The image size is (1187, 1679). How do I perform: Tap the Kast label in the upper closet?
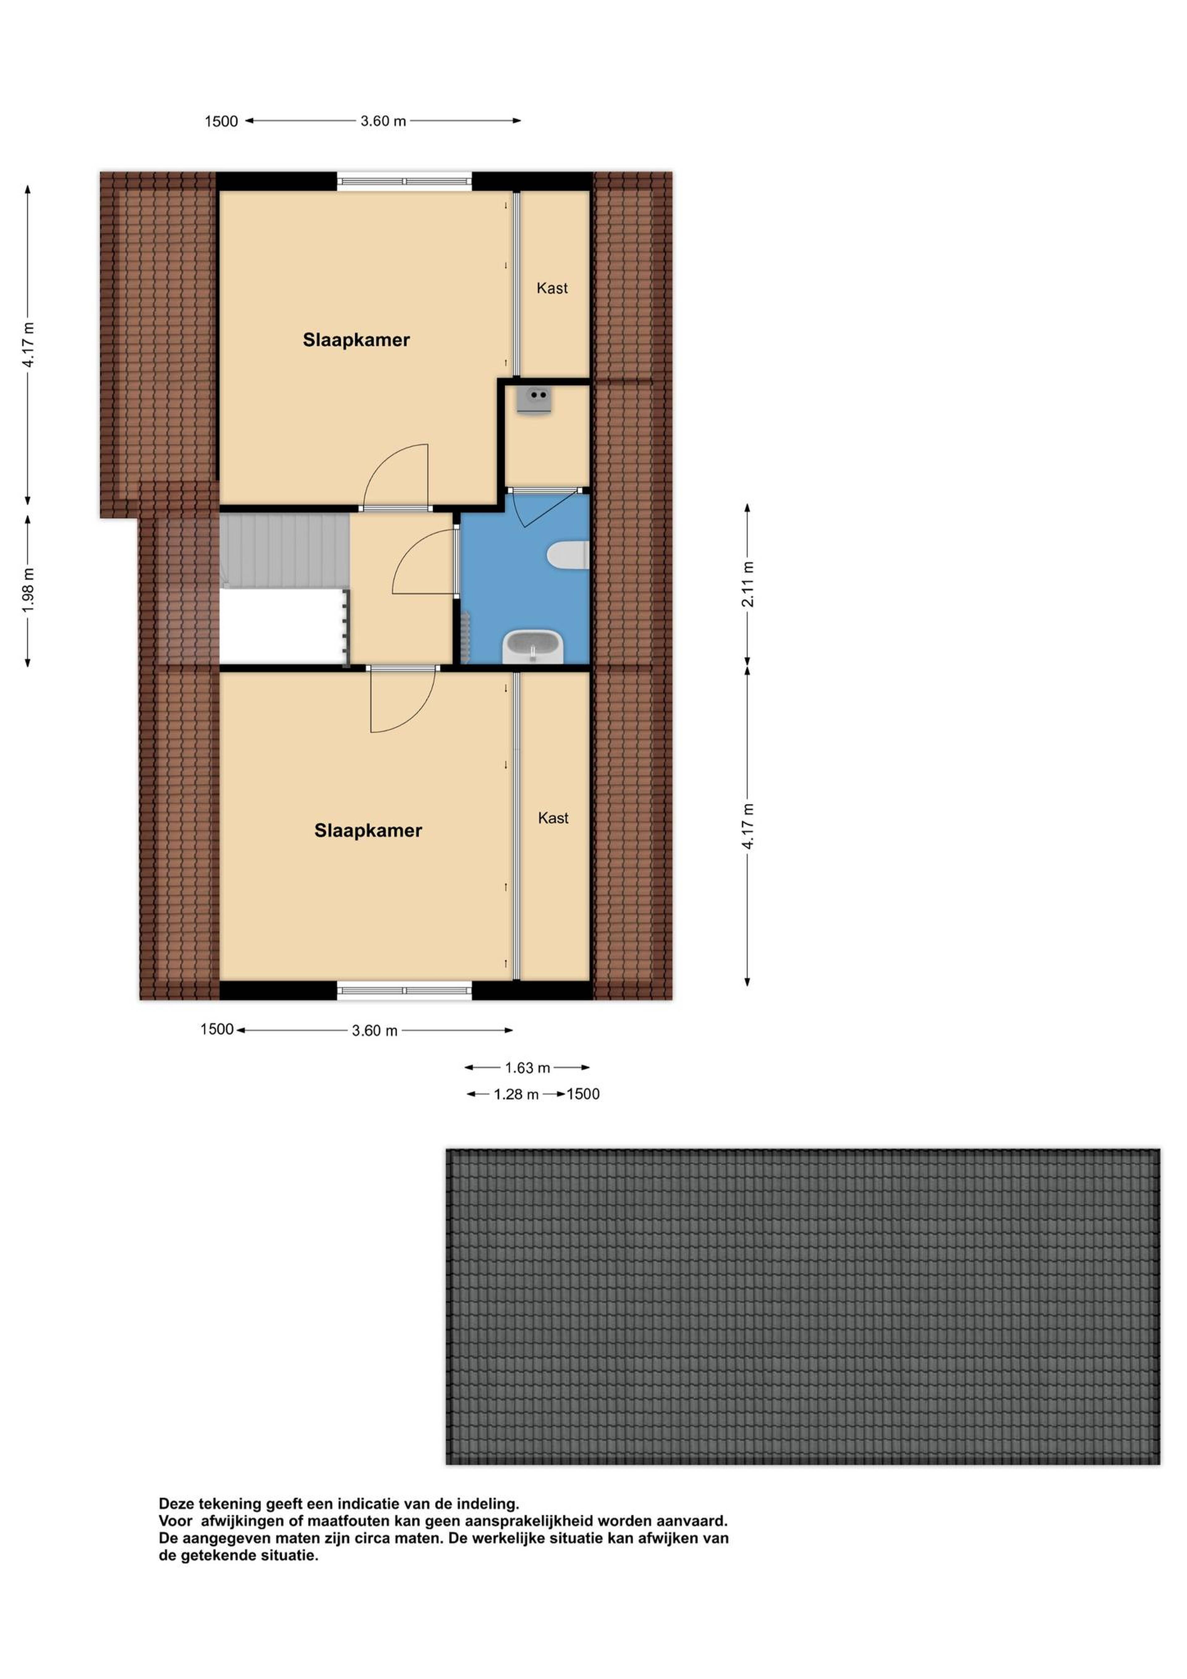coord(552,288)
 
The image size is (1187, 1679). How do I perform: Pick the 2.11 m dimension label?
coord(747,584)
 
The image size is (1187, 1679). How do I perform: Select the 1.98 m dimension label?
coord(28,590)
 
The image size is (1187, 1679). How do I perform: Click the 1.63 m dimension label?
coord(527,1068)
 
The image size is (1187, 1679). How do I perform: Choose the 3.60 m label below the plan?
coord(374,1030)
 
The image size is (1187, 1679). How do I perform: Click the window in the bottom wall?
coord(404,991)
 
